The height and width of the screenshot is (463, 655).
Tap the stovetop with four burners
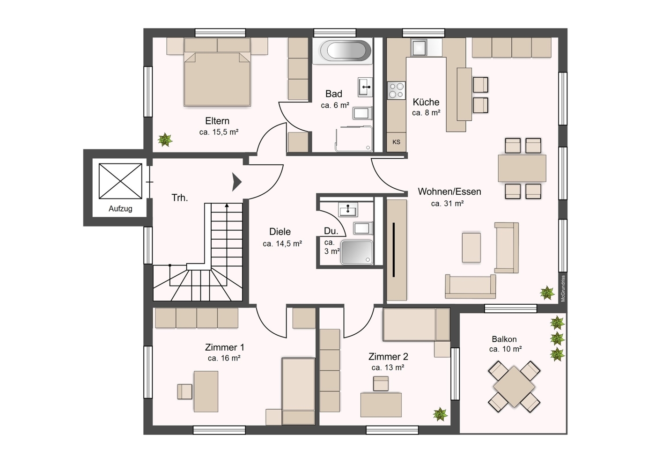pyautogui.click(x=396, y=90)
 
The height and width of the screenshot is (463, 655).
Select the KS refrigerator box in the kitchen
pyautogui.click(x=396, y=142)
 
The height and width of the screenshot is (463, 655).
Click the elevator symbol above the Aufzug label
pyautogui.click(x=120, y=181)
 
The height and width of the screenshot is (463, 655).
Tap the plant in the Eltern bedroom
pyautogui.click(x=165, y=140)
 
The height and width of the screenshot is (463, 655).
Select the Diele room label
pyautogui.click(x=280, y=232)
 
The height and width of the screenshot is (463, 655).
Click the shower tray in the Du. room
pyautogui.click(x=357, y=252)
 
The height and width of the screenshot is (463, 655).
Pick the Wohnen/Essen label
pyautogui.click(x=449, y=191)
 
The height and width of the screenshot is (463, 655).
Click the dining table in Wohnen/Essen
pyautogui.click(x=522, y=168)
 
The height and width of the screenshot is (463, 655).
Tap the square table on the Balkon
pyautogui.click(x=514, y=387)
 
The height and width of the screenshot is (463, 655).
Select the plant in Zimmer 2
pyautogui.click(x=440, y=414)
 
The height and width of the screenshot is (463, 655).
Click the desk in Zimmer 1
pyautogui.click(x=206, y=391)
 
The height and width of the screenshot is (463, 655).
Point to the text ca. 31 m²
pyautogui.click(x=447, y=204)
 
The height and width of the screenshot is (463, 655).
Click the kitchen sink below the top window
pyautogui.click(x=419, y=48)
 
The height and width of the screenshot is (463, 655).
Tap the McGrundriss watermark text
pyautogui.click(x=563, y=288)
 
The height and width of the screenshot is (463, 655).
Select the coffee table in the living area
pyautogui.click(x=471, y=248)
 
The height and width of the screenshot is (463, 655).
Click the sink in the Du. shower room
pyautogui.click(x=348, y=210)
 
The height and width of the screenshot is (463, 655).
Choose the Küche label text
pyautogui.click(x=426, y=102)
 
